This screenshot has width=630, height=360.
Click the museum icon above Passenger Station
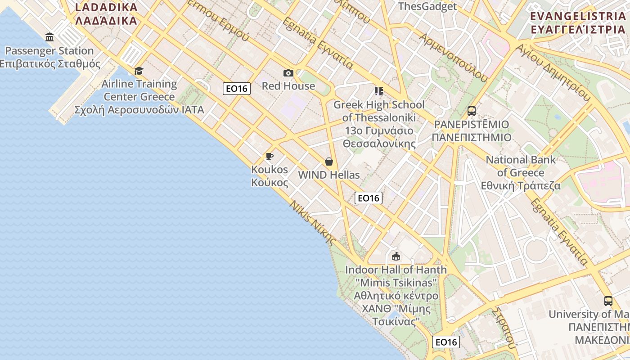coord(49,37)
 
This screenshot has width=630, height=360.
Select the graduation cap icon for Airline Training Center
coord(139,71)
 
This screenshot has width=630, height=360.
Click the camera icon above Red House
coord(288,73)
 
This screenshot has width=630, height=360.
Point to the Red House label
coord(288,86)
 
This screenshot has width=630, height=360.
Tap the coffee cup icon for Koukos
coord(270,157)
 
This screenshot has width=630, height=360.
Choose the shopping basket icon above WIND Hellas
coord(329,162)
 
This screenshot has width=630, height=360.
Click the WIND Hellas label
coord(329,175)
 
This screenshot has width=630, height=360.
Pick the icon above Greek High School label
coord(378,91)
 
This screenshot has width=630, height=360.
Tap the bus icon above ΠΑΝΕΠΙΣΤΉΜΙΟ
coord(471,111)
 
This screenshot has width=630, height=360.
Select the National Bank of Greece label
coord(521,172)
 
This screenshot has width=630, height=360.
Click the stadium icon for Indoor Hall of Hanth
coord(396,256)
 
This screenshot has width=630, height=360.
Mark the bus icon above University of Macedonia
coord(608,301)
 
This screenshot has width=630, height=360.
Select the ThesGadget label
coord(427,6)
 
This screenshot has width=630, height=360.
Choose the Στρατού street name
coord(503,328)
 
